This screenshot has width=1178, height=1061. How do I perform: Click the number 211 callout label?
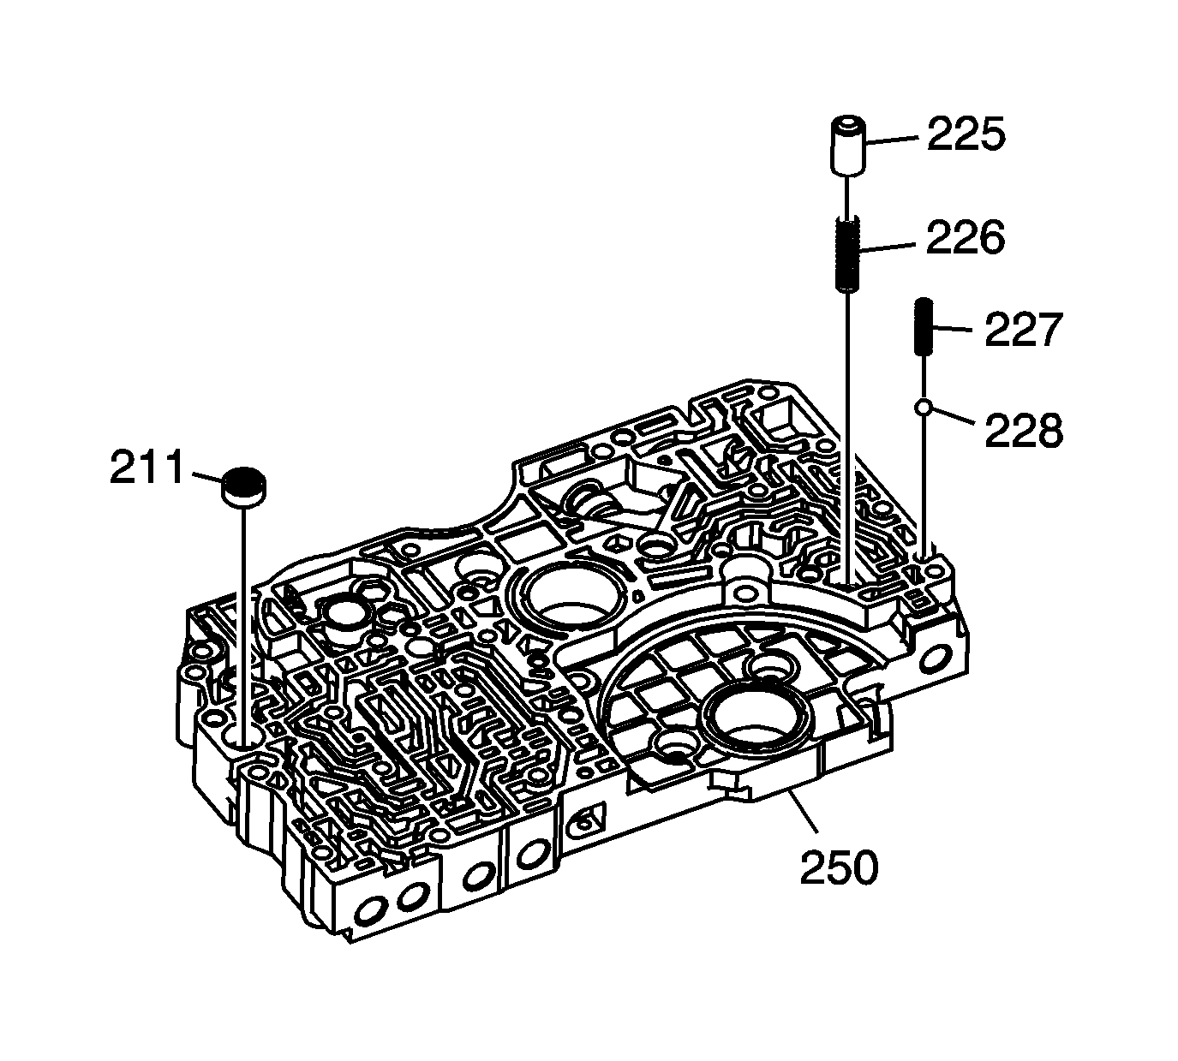[x=147, y=468]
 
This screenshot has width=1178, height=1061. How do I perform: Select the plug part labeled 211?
[x=244, y=486]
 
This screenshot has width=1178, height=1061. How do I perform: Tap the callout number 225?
[x=966, y=135]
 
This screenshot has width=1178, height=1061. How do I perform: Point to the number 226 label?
[x=965, y=238]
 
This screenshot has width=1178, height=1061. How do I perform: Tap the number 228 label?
[x=1023, y=431]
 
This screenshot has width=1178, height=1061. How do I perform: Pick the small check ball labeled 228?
[x=924, y=408]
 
